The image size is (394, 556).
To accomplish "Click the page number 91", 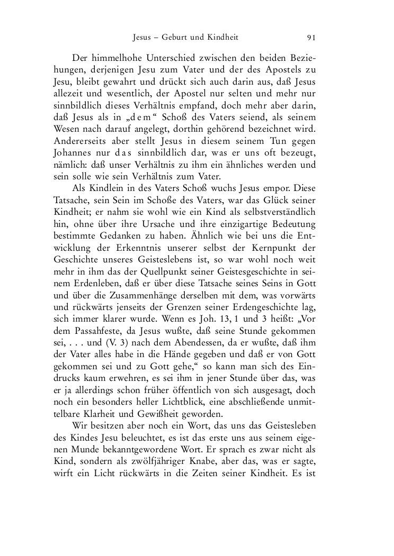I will tap(311, 38).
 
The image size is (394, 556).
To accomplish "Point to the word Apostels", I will tap(285, 69).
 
